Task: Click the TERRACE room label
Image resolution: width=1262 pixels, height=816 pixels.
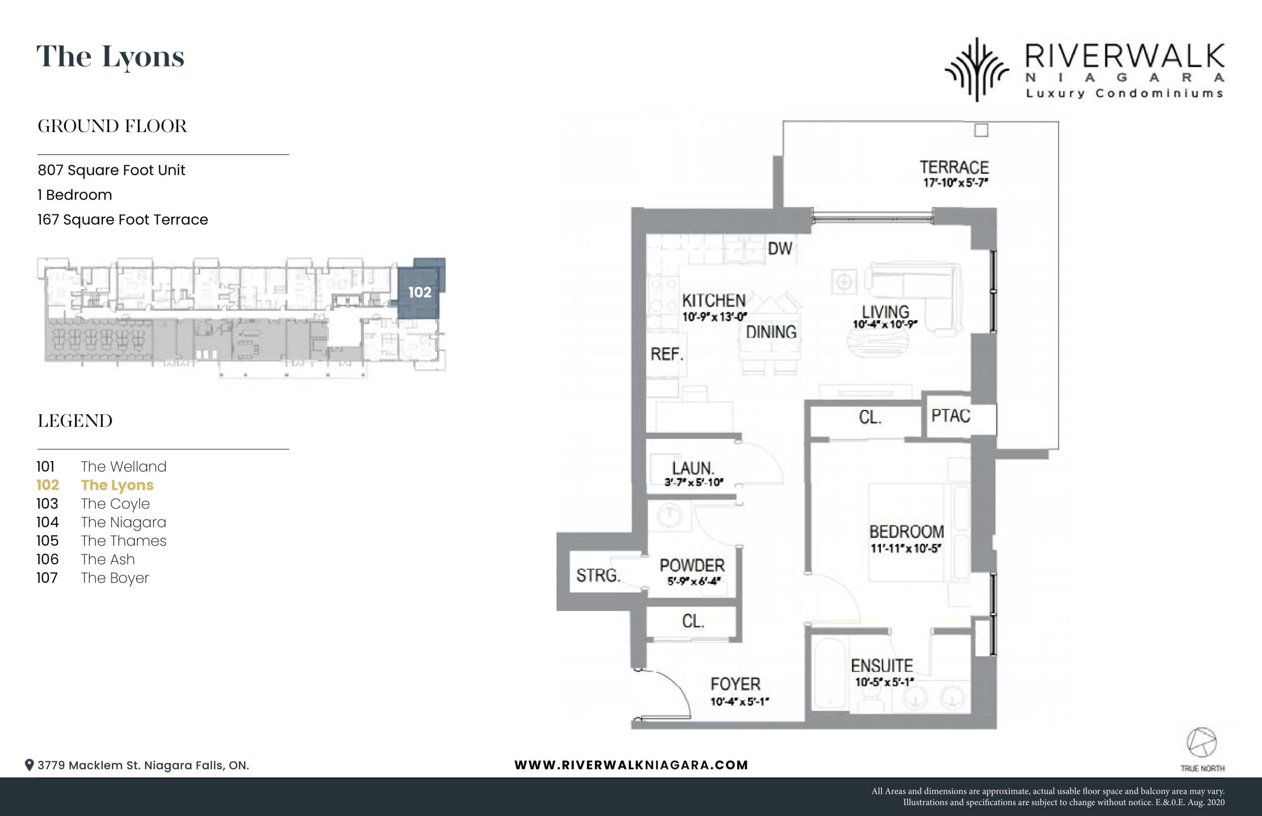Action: click(953, 168)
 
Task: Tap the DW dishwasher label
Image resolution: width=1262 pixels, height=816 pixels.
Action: click(780, 248)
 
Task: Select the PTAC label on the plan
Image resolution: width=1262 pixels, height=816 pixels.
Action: click(950, 416)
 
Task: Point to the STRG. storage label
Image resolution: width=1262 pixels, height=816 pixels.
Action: click(598, 575)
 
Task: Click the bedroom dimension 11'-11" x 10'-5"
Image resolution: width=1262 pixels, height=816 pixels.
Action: click(905, 548)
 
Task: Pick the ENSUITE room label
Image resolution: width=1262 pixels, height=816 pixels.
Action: click(882, 666)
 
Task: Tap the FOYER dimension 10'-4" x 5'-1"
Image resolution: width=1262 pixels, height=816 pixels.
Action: click(739, 702)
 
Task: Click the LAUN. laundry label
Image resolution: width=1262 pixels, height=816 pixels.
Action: click(693, 469)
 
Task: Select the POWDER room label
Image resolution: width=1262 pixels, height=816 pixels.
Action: click(692, 565)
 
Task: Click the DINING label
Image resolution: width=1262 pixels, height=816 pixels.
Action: click(771, 332)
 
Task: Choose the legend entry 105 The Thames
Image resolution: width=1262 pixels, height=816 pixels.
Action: click(101, 541)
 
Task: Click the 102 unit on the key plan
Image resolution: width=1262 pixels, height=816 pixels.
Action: click(419, 292)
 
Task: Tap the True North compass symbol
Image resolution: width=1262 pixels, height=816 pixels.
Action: click(1201, 743)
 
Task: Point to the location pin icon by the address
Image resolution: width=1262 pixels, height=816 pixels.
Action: click(30, 765)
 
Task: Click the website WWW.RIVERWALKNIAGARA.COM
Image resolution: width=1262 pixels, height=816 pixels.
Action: click(631, 765)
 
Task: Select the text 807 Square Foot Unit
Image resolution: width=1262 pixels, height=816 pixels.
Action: click(111, 170)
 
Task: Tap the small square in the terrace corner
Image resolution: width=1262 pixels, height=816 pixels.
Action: click(981, 130)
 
